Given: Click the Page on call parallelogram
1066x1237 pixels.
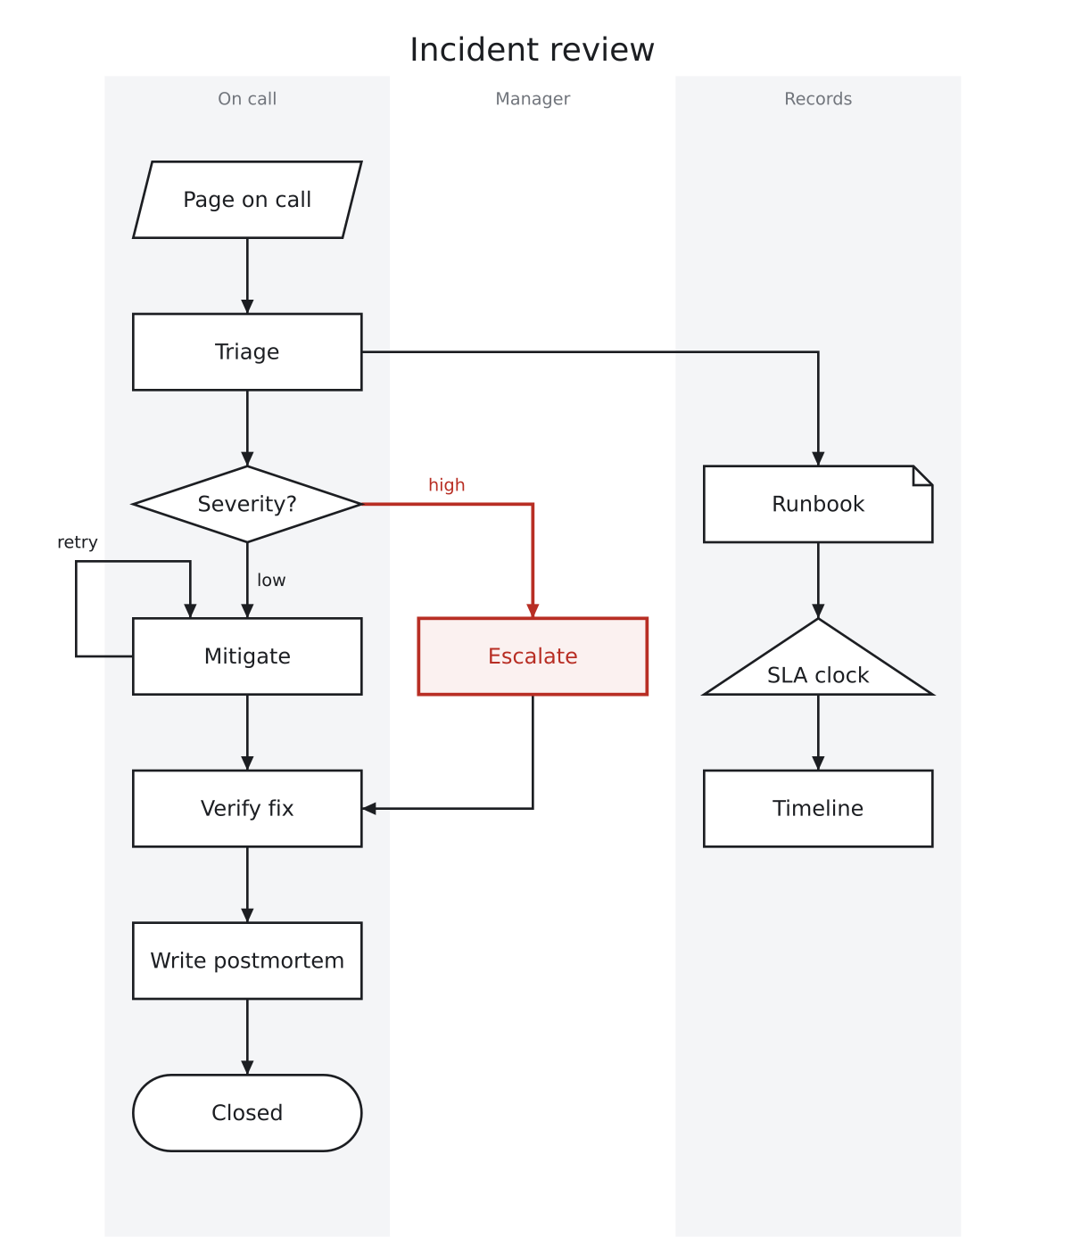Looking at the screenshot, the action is point(247,200).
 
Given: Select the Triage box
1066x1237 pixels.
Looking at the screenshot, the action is point(247,352).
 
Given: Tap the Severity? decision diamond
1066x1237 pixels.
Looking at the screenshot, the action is point(247,504).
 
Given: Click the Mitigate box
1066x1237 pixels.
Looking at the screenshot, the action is point(247,656).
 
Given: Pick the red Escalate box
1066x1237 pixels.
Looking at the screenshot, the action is point(533,656).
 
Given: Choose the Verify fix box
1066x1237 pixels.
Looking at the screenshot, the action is point(247,809).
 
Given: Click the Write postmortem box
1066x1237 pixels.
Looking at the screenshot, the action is point(247,961).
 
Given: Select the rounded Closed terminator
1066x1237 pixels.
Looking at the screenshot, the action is point(247,1112).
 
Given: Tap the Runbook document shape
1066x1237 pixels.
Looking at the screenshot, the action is point(818,504).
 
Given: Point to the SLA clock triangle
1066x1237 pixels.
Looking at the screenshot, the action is point(818,664).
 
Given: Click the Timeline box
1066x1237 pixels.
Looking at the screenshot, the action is point(818,809).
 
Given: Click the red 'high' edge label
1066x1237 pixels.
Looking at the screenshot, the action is point(447,485).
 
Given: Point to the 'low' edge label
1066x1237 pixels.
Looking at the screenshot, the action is point(271,580).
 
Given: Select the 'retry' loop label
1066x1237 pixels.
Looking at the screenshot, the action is point(78,542).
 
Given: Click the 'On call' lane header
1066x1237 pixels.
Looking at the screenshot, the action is point(247,99).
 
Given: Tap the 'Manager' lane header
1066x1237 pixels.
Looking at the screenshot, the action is point(533,99).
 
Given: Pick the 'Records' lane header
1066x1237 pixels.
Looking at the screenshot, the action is point(818,99).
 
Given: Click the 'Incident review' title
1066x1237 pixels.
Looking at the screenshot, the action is point(532,49).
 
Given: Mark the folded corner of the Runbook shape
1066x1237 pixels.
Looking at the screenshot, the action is point(923,475).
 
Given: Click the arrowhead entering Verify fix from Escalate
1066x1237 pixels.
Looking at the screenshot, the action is point(369,809).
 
